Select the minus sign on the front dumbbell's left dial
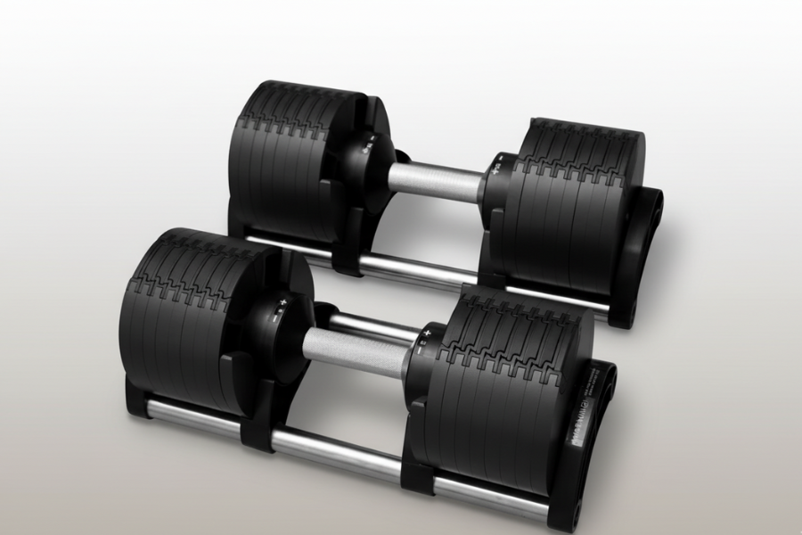tap(274, 318)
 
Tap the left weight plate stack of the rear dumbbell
tap(285, 152)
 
